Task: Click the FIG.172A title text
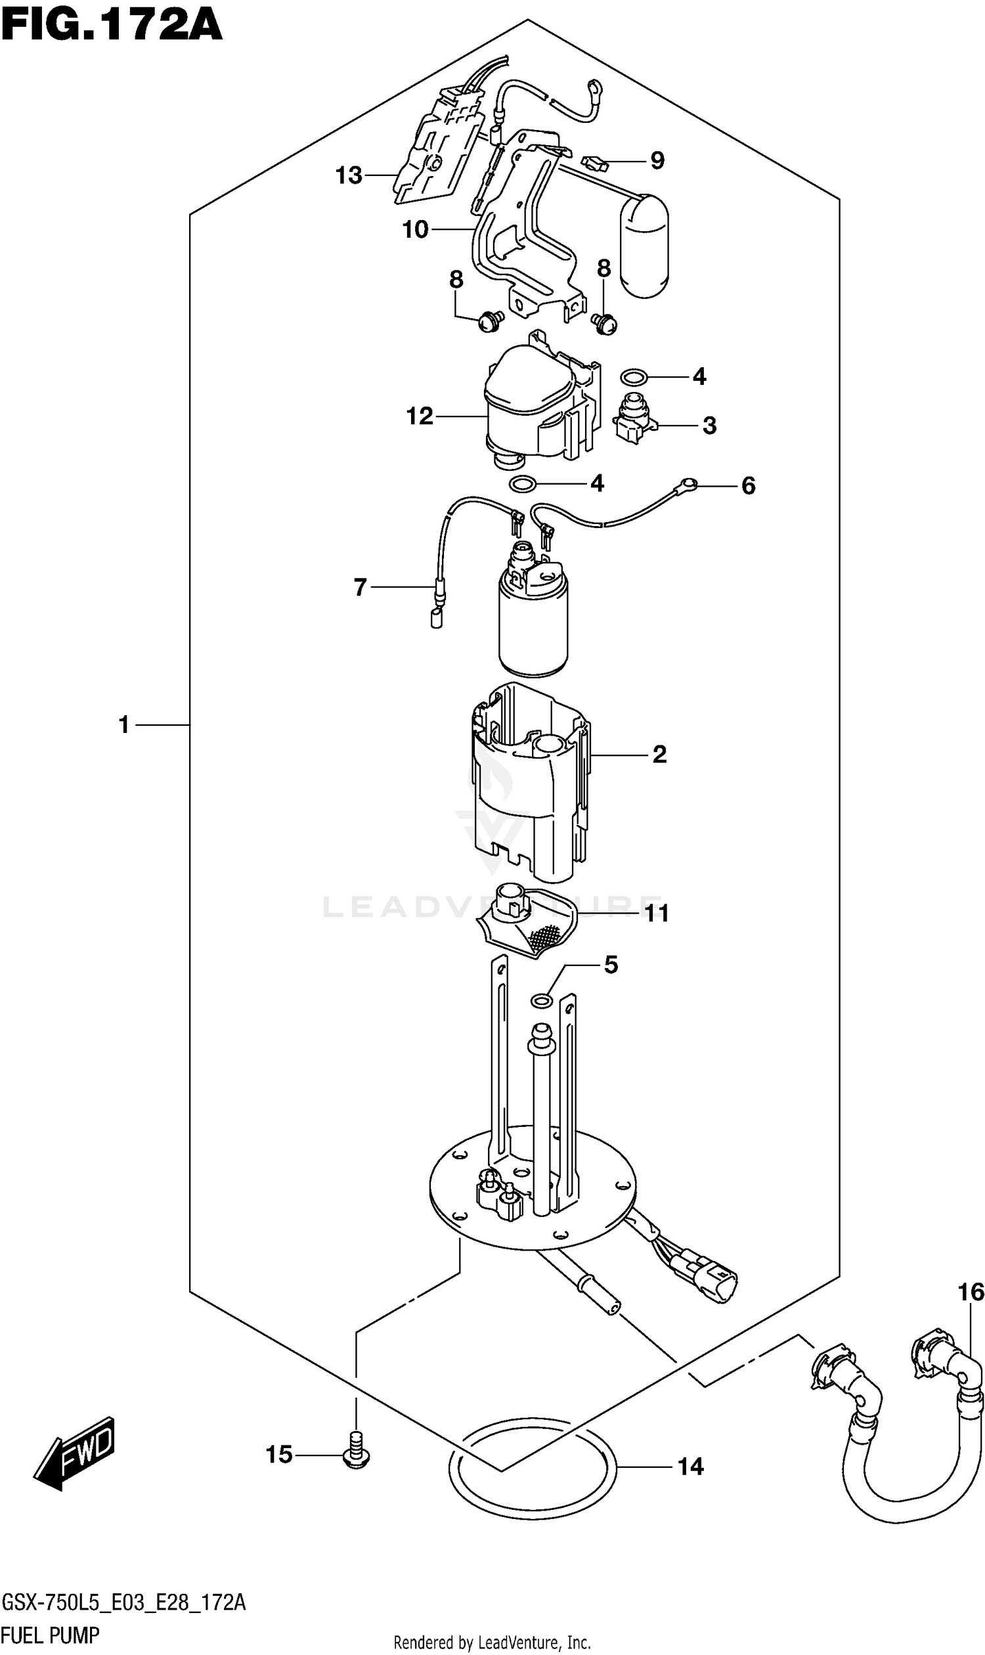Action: pyautogui.click(x=112, y=26)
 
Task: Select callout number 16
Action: pyautogui.click(x=971, y=1292)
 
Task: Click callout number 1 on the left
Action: pyautogui.click(x=124, y=724)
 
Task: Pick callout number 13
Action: pyautogui.click(x=349, y=175)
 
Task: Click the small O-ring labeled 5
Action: pyautogui.click(x=542, y=1000)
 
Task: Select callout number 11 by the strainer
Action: pyautogui.click(x=657, y=914)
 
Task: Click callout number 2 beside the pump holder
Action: pyautogui.click(x=659, y=754)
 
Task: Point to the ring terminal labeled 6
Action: pyautogui.click(x=689, y=485)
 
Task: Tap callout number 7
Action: pyautogui.click(x=361, y=587)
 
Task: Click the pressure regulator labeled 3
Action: pyautogui.click(x=634, y=417)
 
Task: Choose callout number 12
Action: pyautogui.click(x=420, y=416)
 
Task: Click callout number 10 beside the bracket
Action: pyautogui.click(x=416, y=230)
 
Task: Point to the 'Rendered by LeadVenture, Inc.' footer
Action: pyautogui.click(x=492, y=1637)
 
